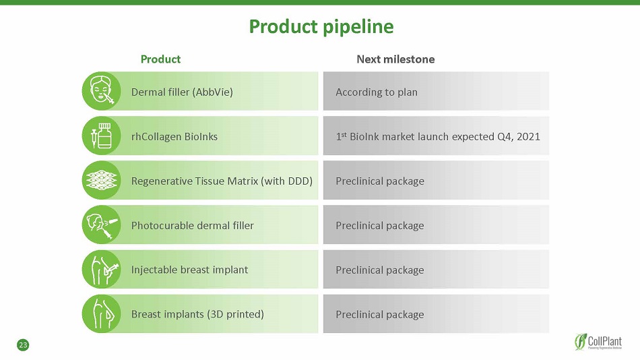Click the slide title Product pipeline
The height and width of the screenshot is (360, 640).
coord(321,27)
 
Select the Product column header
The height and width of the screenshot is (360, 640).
coord(160,59)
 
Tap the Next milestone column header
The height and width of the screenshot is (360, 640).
coord(395,59)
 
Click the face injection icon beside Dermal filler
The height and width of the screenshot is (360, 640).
coord(101,91)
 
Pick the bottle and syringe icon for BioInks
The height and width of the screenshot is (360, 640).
coord(101,136)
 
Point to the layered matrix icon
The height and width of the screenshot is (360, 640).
coord(101,180)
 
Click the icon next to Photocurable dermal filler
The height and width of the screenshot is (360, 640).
coord(101,224)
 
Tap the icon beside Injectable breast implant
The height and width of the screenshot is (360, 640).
coord(101,269)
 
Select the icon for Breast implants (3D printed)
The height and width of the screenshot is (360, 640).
coord(101,314)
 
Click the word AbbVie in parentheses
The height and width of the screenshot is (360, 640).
coord(214,92)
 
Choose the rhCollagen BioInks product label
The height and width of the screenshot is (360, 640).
coord(174,136)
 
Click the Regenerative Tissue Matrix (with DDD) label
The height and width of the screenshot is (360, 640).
coord(222,181)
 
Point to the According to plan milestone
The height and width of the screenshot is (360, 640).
coord(377,92)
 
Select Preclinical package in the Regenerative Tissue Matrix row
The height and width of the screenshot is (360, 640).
coord(379,181)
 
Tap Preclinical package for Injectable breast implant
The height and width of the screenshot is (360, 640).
coord(379,270)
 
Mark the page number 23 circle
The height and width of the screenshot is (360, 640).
coord(23,345)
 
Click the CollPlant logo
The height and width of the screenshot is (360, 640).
coord(598,342)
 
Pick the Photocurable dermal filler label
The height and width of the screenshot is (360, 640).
coord(192,226)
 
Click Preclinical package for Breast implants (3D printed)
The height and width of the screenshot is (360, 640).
coord(379,315)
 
